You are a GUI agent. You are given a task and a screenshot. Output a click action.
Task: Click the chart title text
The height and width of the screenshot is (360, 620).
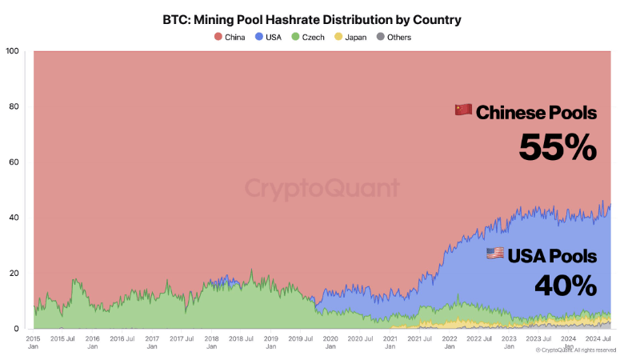(311, 18)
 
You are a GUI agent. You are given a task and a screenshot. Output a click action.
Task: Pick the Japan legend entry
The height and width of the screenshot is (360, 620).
(353, 37)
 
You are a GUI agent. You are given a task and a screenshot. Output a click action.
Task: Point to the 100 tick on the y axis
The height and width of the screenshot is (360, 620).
(12, 52)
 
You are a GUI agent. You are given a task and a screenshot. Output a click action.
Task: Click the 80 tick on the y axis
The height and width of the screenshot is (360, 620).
(14, 107)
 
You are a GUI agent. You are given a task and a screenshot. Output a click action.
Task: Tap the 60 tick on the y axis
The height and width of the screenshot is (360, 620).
(14, 162)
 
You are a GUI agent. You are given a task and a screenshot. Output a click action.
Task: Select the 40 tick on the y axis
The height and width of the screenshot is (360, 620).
(14, 218)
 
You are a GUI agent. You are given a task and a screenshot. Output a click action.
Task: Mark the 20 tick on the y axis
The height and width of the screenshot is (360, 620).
(14, 273)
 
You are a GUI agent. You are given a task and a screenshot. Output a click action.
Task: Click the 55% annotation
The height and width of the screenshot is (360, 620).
(558, 147)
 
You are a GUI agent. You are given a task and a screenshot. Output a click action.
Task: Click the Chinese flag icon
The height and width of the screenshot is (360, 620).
(463, 110)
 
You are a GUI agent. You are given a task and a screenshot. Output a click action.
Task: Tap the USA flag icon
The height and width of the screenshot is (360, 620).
(495, 254)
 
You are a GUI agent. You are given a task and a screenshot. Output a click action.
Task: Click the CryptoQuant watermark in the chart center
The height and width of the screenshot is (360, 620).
(322, 189)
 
